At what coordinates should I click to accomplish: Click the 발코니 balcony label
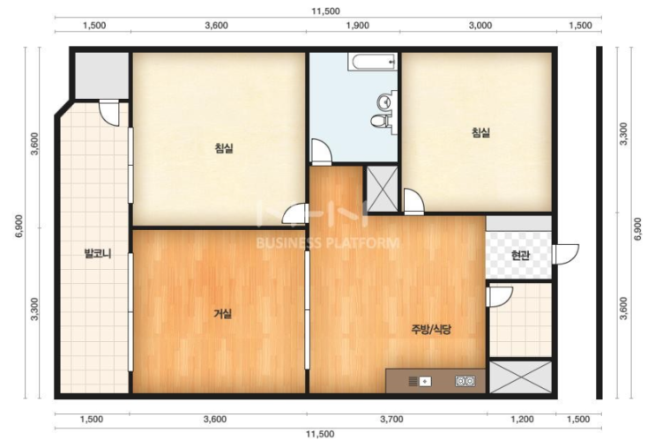click(x=98, y=254)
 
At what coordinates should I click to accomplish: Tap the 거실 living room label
click(x=223, y=314)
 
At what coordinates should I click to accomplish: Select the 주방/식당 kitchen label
click(x=431, y=330)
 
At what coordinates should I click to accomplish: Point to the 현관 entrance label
click(x=520, y=256)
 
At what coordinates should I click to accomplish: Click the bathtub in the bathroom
click(x=373, y=62)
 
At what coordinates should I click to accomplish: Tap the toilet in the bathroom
click(x=380, y=121)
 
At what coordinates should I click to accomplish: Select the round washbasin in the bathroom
click(x=383, y=101)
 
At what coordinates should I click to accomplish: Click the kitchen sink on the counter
click(x=420, y=381)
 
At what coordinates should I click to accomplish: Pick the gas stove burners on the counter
click(x=465, y=381)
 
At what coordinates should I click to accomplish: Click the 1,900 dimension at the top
click(x=358, y=26)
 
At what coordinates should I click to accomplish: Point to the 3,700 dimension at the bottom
click(x=391, y=419)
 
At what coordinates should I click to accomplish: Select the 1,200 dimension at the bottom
click(x=522, y=419)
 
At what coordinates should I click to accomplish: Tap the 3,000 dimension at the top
click(x=480, y=26)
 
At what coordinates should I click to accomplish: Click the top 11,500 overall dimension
click(x=325, y=11)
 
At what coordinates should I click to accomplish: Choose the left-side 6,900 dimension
click(x=19, y=226)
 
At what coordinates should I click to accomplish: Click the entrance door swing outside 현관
click(x=565, y=254)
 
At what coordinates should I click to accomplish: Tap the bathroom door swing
click(x=322, y=152)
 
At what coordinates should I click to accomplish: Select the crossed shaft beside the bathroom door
click(x=383, y=189)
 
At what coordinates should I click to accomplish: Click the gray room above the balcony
click(x=101, y=76)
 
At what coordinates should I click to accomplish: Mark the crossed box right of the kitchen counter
click(x=520, y=377)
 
